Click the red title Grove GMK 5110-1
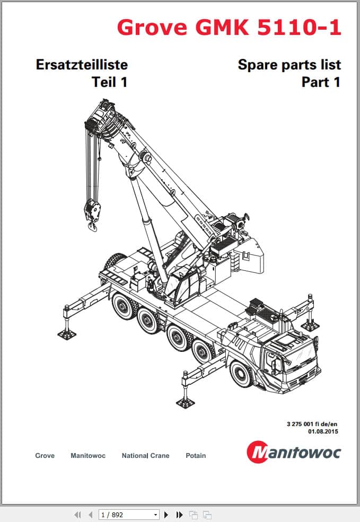coord(229,28)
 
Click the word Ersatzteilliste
coord(82,65)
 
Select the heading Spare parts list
coord(289,65)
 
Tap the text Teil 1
coord(110,82)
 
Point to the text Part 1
coord(321,82)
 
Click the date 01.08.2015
coord(323,431)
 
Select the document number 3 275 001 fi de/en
coord(312,424)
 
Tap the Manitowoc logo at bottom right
coord(294,452)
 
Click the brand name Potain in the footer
coord(196,455)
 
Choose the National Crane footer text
coord(145,455)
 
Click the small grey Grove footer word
coord(45,455)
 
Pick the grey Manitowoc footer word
coord(88,455)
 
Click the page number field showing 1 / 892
coord(128,515)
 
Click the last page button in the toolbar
coord(179,515)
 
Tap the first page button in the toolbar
coord(77,515)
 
